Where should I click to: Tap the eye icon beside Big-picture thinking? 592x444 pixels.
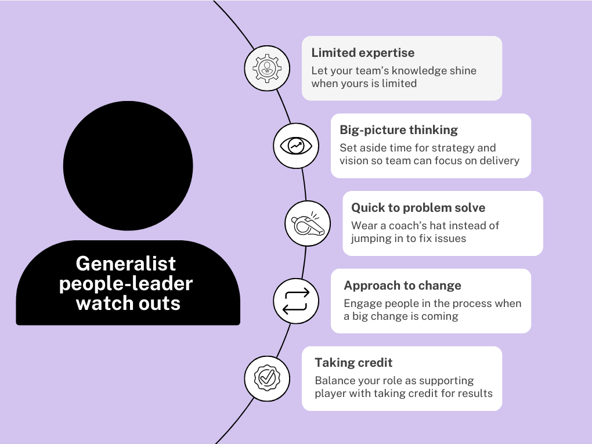296,146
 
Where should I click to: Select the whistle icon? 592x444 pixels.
307,223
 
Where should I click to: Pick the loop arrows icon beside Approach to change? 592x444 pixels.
295,301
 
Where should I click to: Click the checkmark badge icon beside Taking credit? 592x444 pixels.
266,378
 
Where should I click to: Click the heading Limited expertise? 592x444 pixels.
363,53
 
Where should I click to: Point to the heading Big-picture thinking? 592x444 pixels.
399,130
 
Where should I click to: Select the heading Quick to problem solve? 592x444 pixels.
418,208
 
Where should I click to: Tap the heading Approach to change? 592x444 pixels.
402,286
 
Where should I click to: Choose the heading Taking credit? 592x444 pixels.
353,363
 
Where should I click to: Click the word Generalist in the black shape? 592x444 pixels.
125,263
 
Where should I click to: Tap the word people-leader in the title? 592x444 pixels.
126,283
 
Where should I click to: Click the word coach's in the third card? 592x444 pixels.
424,225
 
